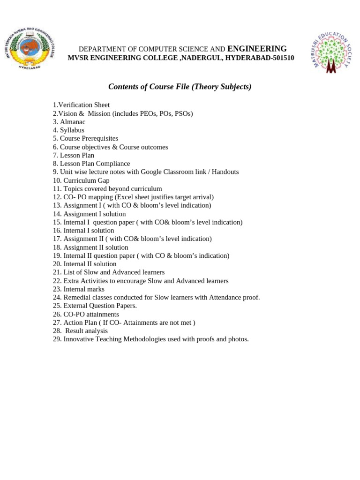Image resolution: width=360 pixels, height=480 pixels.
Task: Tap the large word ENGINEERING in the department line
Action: [257, 49]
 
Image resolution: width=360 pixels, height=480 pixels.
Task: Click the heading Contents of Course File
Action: [180, 87]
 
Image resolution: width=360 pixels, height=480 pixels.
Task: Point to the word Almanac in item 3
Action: [73, 122]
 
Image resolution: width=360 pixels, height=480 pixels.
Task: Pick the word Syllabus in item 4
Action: [72, 130]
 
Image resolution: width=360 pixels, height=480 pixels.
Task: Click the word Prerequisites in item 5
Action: [100, 139]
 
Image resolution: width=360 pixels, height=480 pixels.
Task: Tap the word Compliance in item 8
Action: [113, 164]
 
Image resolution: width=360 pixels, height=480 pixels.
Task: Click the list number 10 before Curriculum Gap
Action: [57, 180]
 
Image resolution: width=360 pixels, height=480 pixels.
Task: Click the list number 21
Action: [57, 272]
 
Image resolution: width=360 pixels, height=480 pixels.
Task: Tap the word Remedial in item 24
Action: [77, 297]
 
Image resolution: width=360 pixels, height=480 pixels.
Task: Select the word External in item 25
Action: [75, 306]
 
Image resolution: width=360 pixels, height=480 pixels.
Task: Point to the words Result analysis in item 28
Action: [87, 331]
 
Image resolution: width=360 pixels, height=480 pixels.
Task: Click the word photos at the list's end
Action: [238, 339]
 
